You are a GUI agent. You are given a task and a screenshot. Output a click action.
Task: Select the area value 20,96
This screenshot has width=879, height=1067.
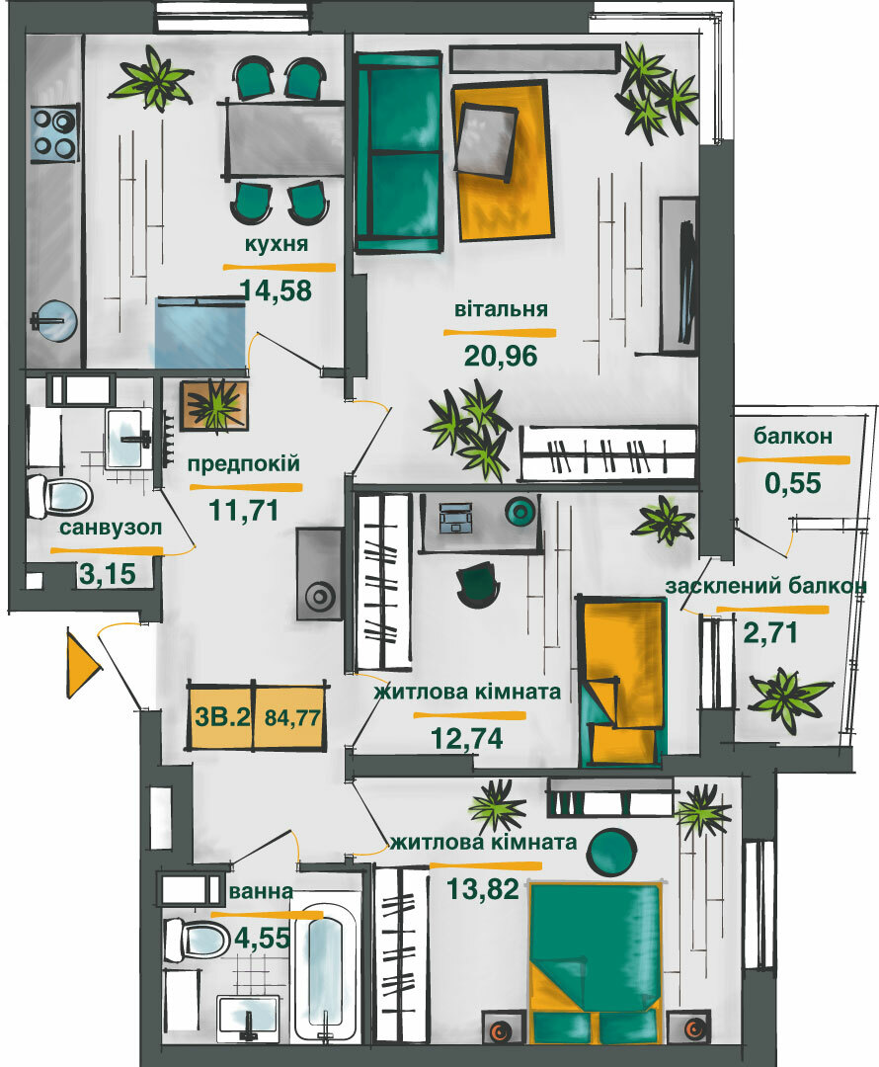pyautogui.click(x=502, y=355)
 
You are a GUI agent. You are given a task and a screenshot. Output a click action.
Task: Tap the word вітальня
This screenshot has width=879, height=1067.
pyautogui.click(x=501, y=308)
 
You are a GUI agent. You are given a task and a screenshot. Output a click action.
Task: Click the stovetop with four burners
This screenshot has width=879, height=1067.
pyautogui.click(x=53, y=133)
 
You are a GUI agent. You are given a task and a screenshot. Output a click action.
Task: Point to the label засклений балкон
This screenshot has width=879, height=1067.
pyautogui.click(x=765, y=586)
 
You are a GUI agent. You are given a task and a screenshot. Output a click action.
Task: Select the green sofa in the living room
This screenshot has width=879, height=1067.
pyautogui.click(x=398, y=152)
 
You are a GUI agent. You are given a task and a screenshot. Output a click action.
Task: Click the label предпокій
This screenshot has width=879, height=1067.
pyautogui.click(x=244, y=463)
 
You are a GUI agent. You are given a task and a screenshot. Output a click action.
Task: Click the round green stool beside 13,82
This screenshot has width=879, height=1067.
pyautogui.click(x=609, y=849)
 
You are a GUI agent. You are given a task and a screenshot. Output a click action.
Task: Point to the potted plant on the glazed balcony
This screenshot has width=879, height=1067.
pyautogui.click(x=787, y=698)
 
